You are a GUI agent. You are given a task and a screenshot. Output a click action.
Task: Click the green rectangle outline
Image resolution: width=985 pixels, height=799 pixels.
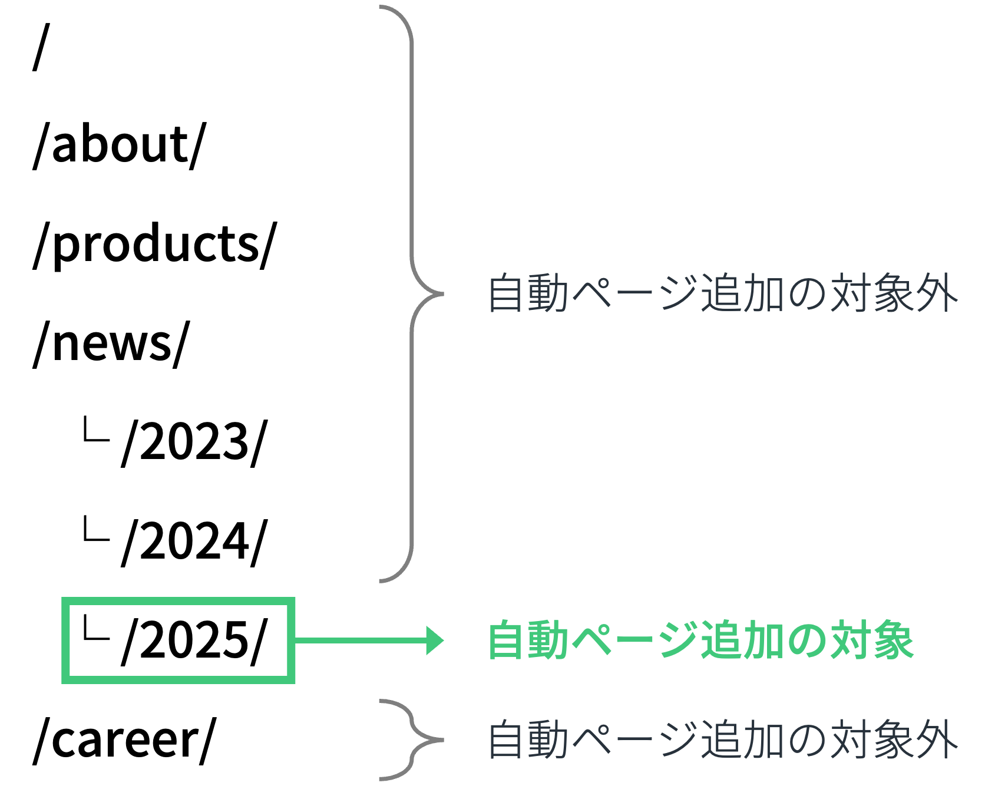(178, 602)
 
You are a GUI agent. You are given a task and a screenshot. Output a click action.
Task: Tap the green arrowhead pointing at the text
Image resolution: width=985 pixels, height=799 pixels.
(435, 640)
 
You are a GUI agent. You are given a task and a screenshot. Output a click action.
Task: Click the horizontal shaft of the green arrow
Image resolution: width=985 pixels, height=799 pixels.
(359, 640)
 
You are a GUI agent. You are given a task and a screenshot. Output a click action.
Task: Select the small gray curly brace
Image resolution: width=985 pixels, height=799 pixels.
(412, 739)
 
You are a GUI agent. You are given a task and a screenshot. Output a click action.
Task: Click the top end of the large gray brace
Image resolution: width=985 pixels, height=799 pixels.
(382, 8)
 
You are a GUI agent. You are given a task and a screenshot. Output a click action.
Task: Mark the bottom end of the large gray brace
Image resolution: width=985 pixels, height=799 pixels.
(382, 581)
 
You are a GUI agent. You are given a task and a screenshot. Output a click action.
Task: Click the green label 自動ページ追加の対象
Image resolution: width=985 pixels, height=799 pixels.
(700, 640)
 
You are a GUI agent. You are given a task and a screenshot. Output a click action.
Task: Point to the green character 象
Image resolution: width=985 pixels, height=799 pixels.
(893, 640)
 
